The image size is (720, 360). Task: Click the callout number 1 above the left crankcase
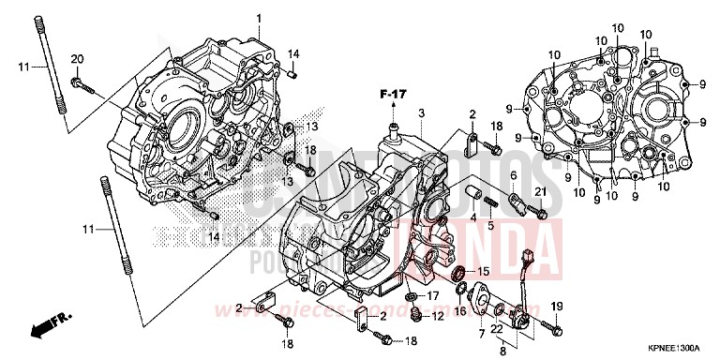[x=260, y=19]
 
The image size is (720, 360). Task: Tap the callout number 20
[x=77, y=60]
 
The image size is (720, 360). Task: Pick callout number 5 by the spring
[x=513, y=176]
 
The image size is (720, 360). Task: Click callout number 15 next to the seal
[x=484, y=272]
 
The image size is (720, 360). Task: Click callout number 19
[x=558, y=307]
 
